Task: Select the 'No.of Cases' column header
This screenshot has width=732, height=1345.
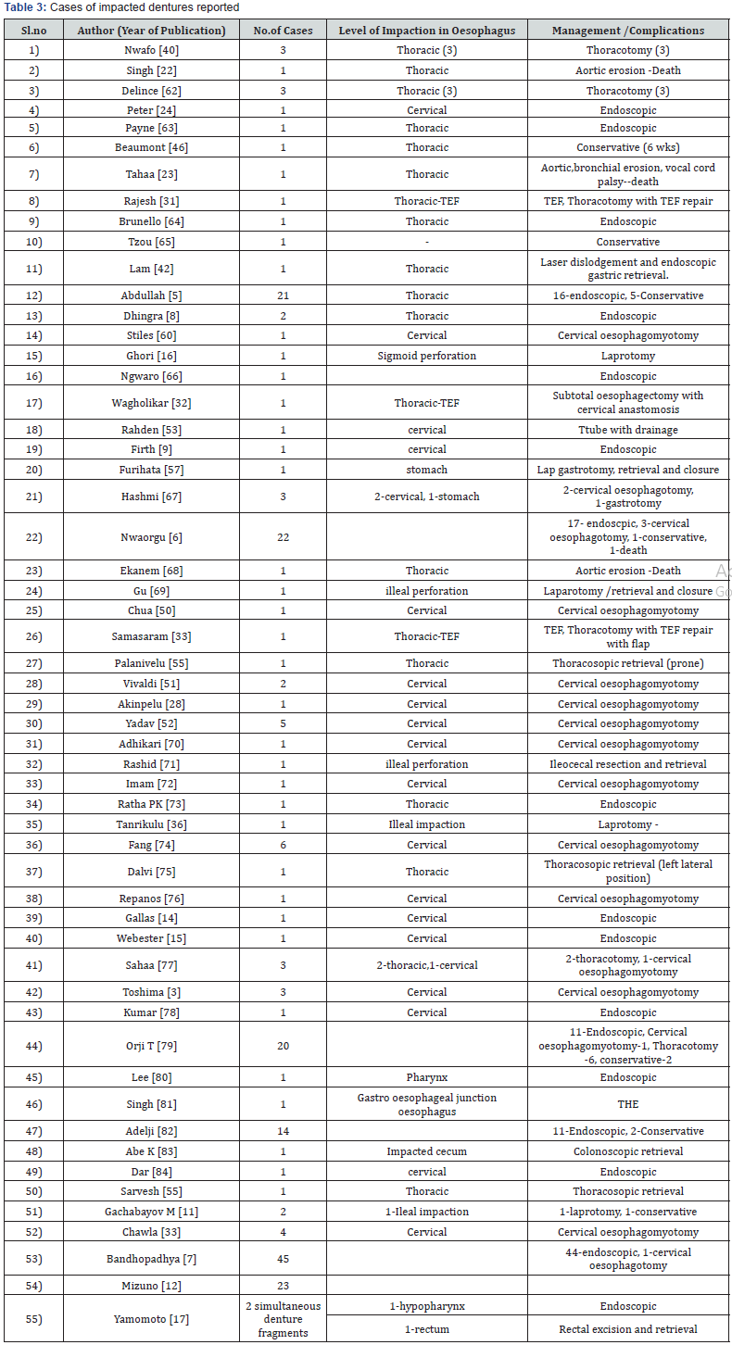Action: pyautogui.click(x=283, y=30)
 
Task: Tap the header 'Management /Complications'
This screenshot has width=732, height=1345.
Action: pyautogui.click(x=628, y=30)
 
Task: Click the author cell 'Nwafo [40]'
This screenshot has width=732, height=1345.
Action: pyautogui.click(x=153, y=50)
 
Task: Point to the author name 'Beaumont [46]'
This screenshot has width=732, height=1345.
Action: pyautogui.click(x=153, y=147)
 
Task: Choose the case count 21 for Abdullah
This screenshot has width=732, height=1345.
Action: pyautogui.click(x=283, y=295)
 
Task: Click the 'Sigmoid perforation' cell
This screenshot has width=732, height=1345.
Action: pyautogui.click(x=426, y=356)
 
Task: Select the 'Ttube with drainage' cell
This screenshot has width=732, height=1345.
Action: pyautogui.click(x=628, y=430)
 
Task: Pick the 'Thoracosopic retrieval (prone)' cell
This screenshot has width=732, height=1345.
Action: pyautogui.click(x=628, y=664)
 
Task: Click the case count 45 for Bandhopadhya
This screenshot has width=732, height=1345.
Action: pyautogui.click(x=283, y=1259)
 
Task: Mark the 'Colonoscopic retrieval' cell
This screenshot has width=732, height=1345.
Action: pyautogui.click(x=628, y=1151)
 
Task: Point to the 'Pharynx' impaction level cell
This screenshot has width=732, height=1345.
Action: pyautogui.click(x=426, y=1077)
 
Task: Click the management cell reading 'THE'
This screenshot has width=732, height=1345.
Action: pyautogui.click(x=628, y=1104)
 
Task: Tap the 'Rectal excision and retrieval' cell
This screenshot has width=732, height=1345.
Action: pyautogui.click(x=628, y=1329)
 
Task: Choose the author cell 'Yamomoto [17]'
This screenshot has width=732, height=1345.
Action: pyautogui.click(x=153, y=1318)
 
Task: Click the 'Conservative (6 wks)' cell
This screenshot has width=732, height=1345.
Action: pyautogui.click(x=628, y=147)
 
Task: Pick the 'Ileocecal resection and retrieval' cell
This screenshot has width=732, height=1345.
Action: pyautogui.click(x=628, y=764)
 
